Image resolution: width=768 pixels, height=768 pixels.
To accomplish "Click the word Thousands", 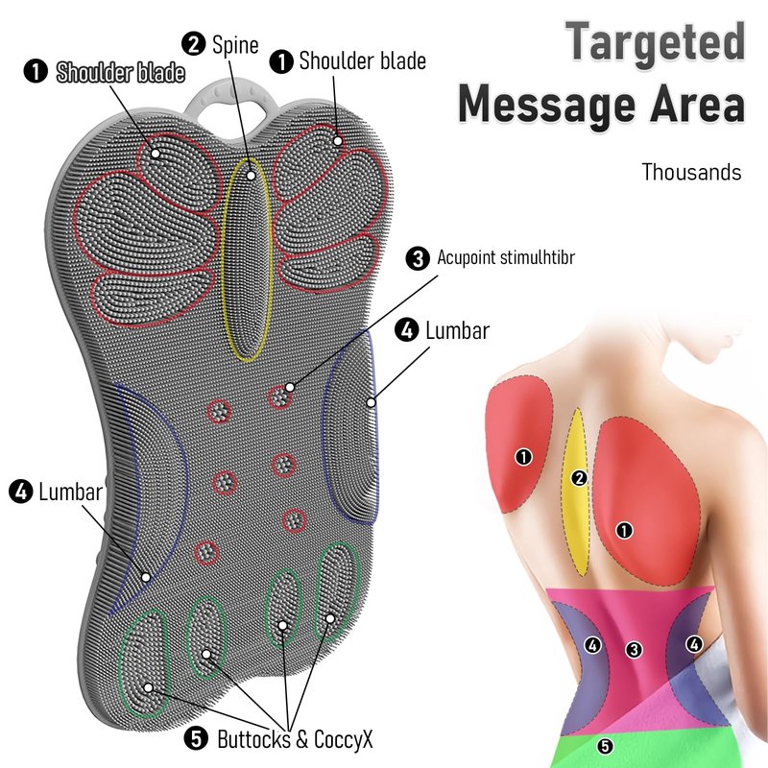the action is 691,173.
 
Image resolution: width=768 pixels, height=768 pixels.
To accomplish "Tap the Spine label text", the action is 235,45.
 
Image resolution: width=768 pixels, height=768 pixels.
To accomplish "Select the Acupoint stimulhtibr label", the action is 506,257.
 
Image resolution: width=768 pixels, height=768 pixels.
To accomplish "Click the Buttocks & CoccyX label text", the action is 295,739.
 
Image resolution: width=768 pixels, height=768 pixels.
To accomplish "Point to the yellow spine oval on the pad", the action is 248,259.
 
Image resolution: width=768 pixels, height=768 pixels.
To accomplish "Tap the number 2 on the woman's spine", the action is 579,478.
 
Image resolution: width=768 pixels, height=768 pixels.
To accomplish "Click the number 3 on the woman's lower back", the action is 634,650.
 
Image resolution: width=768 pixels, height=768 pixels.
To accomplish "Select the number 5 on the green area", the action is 605,746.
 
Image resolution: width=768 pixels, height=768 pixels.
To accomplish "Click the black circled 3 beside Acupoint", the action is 418,258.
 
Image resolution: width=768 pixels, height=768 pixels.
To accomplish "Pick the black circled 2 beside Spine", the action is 194,44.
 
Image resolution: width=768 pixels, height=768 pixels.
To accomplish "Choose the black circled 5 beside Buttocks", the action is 196,738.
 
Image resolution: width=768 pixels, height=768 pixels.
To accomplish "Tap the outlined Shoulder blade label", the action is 121,73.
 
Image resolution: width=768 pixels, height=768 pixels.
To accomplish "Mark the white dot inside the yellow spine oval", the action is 252,175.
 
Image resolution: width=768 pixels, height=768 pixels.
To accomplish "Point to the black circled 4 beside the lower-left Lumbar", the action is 21,492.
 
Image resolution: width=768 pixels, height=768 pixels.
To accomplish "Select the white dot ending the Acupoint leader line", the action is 290,388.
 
